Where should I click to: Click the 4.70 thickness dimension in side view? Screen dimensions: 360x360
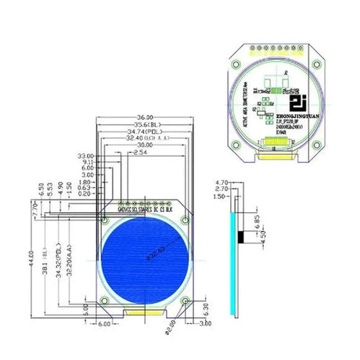pos(220,181)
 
